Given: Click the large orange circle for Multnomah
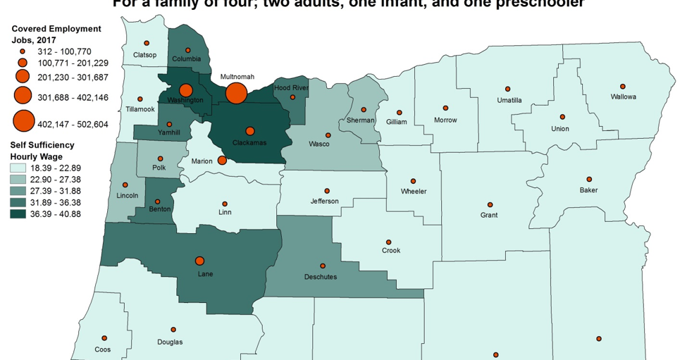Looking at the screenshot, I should click(236, 92).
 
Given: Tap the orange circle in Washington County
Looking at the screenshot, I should click(186, 90).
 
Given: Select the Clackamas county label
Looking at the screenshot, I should click(249, 142).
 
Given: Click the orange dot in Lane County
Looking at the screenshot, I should click(200, 261).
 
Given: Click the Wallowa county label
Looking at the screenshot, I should click(623, 97).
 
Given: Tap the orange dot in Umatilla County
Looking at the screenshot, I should click(507, 89).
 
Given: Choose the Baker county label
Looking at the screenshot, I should click(588, 190).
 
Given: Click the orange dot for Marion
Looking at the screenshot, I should click(222, 160).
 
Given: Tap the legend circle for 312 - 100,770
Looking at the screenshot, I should click(23, 51).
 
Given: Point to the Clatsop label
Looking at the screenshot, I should click(145, 54).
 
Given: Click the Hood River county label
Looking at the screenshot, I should click(291, 87).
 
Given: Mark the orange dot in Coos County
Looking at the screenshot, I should click(104, 338).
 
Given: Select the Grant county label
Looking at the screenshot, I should click(488, 215).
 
